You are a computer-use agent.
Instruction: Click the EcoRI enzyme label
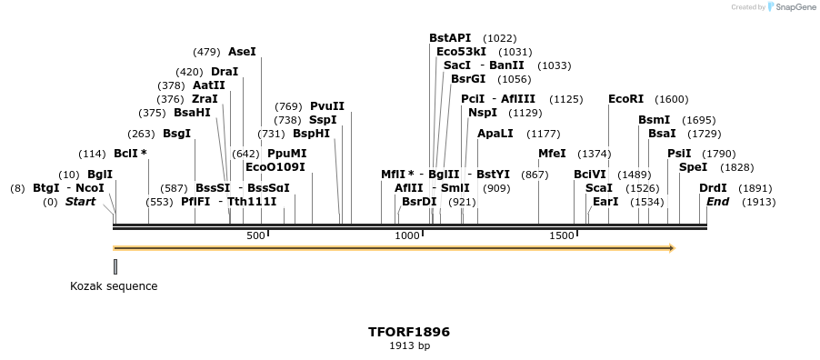click(625, 99)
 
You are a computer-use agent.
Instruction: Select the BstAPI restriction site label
click(450, 38)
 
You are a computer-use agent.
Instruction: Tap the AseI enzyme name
click(242, 52)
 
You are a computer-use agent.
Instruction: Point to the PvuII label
click(327, 106)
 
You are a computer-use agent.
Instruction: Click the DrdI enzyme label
click(713, 188)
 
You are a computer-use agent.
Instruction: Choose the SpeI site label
click(693, 167)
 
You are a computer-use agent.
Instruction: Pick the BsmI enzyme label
click(654, 120)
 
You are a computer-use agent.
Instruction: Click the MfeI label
click(552, 154)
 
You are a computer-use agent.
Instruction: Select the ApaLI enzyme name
click(495, 134)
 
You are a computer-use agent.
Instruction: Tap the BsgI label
click(177, 134)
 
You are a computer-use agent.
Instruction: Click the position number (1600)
click(672, 99)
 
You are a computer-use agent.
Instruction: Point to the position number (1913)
click(758, 202)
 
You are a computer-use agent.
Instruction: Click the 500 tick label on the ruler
click(255, 236)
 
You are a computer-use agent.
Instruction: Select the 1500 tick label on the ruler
click(562, 236)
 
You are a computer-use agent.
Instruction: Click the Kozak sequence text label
click(114, 286)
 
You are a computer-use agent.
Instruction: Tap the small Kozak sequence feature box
click(115, 266)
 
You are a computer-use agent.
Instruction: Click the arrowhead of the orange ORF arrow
click(672, 247)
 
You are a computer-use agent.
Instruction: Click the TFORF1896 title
click(409, 332)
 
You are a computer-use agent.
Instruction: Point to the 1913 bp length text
click(409, 346)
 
